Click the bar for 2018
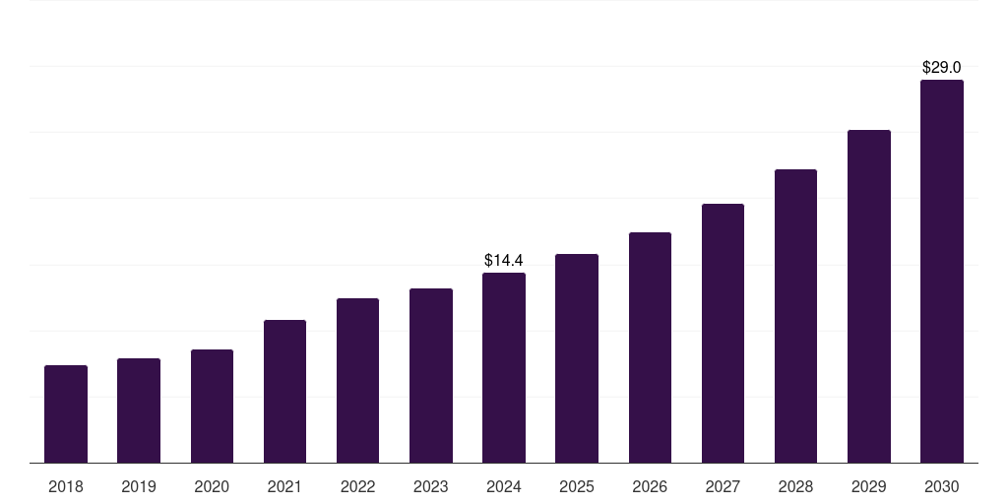tap(66, 414)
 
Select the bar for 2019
tap(139, 410)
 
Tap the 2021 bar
tap(284, 392)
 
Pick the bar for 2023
tap(431, 375)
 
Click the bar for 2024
tap(504, 368)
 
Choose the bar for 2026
tap(650, 347)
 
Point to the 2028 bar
tap(795, 316)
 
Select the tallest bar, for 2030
tap(942, 272)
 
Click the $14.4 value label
tap(504, 260)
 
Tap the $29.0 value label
tap(942, 68)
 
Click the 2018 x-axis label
tap(66, 486)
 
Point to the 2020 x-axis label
tap(212, 486)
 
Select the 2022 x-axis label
tap(357, 486)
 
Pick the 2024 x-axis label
tap(504, 486)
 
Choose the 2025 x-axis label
tap(577, 486)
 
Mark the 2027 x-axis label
tap(723, 486)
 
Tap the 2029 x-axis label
tap(868, 486)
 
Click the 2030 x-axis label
tap(942, 486)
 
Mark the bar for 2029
tap(869, 296)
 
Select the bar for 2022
tap(357, 381)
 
